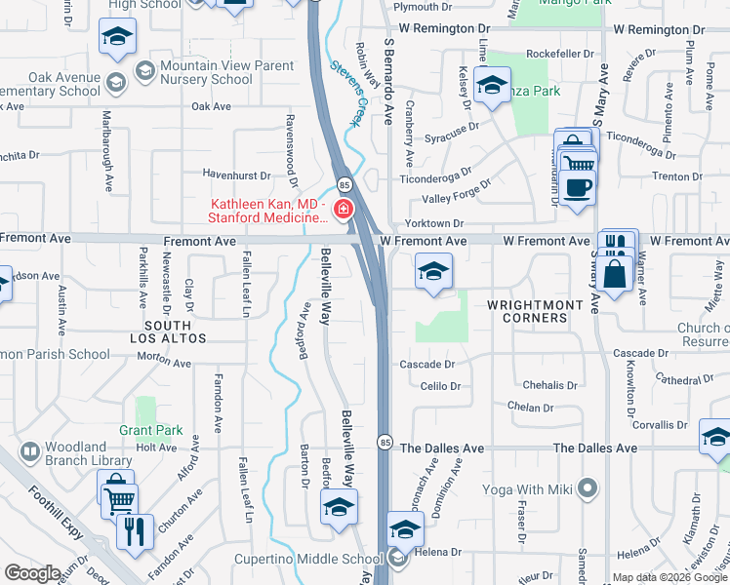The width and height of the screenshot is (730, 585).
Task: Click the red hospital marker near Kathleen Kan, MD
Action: [x=344, y=209]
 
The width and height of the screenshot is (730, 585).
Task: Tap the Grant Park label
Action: [x=150, y=429]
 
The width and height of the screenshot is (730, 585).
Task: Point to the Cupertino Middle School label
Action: [x=308, y=560]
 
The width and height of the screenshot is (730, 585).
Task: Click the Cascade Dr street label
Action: [x=427, y=364]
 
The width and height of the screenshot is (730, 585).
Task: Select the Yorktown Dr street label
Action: [x=430, y=223]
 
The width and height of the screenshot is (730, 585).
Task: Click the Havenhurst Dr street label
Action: [x=235, y=175]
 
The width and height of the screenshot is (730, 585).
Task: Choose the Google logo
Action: [x=32, y=573]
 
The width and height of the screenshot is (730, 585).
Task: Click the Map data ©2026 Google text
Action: [x=669, y=577]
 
